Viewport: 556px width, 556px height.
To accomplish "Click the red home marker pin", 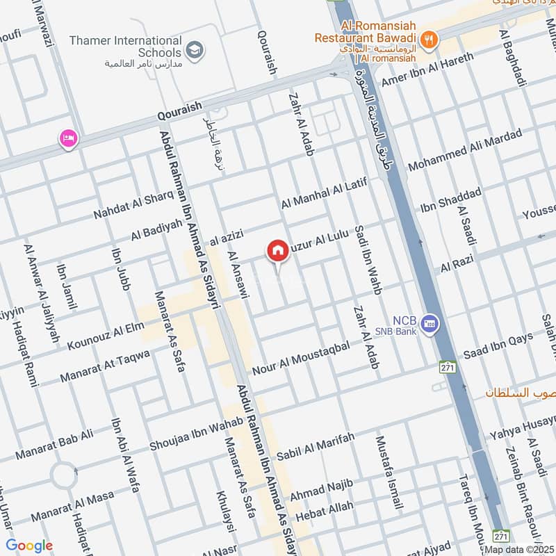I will coord(277,251).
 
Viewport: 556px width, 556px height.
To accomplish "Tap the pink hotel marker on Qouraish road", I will coord(68,138).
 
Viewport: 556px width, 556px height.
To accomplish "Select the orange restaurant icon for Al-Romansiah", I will coord(430,40).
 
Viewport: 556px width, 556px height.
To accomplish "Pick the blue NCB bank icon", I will coord(430,325).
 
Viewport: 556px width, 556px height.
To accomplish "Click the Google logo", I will coord(29,546).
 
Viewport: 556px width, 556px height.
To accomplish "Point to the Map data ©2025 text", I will coord(519,550).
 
